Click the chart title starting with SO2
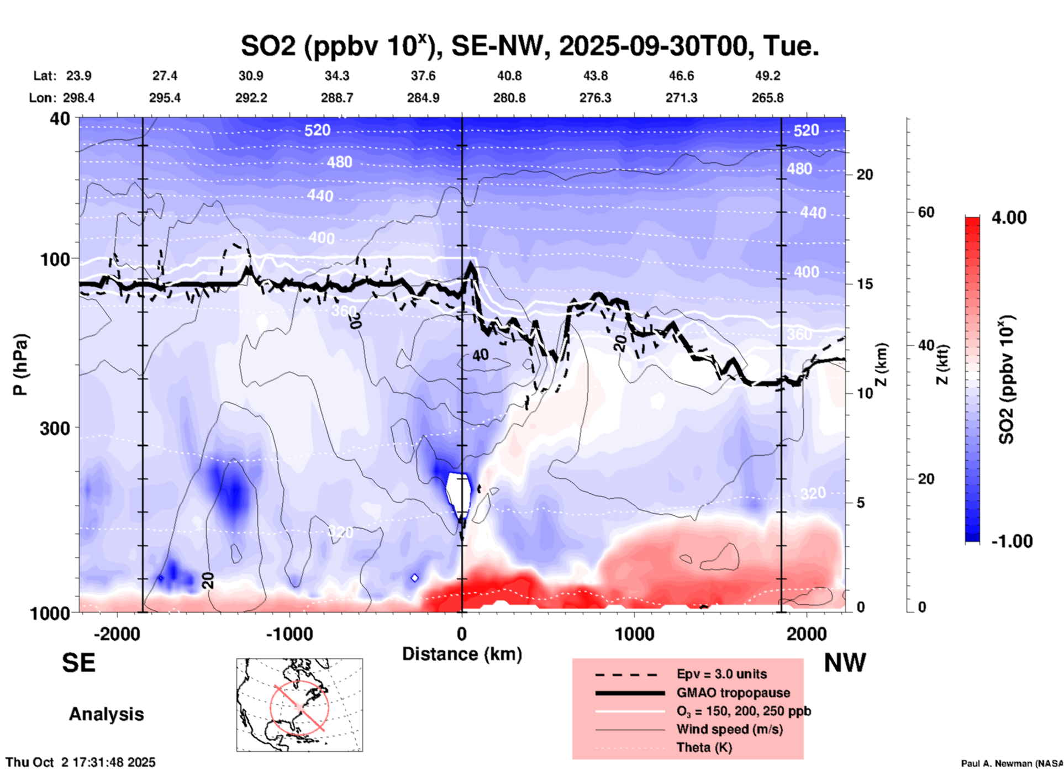pos(529,46)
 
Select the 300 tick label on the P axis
pos(55,428)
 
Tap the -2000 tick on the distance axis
pos(117,634)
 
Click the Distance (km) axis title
pos(462,654)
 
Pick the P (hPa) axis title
pos(20,365)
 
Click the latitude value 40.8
pos(509,76)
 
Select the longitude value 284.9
pos(423,98)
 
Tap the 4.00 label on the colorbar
pos(1009,217)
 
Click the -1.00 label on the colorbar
pos(1012,541)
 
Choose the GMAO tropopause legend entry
pos(733,693)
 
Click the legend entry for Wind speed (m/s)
pos(729,729)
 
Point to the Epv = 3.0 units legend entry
pos(721,674)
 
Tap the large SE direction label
pos(78,663)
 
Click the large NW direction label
pos(845,663)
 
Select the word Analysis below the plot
pos(106,714)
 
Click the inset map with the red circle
pos(299,705)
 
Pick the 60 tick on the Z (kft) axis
pos(926,212)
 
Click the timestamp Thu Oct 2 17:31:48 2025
pos(81,762)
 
